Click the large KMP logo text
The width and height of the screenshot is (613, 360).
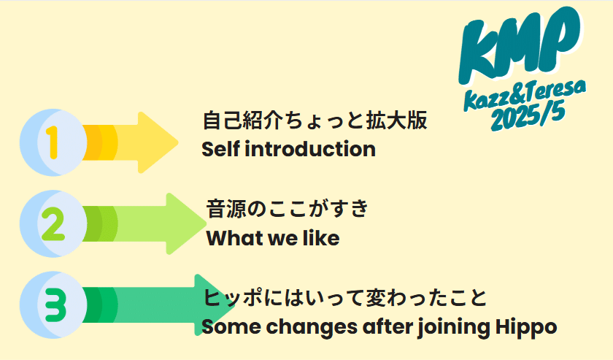[520, 43]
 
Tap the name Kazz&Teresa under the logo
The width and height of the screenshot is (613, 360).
[525, 94]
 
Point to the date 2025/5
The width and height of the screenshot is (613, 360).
[528, 116]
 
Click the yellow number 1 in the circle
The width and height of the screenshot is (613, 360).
[53, 142]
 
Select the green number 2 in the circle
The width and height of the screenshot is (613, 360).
[53, 223]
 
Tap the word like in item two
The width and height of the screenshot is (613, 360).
[320, 238]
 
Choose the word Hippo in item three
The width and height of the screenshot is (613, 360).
[526, 328]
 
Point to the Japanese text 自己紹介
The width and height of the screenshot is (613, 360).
[242, 120]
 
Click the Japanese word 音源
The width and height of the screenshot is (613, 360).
[226, 209]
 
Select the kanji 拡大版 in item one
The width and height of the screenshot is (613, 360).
[397, 120]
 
